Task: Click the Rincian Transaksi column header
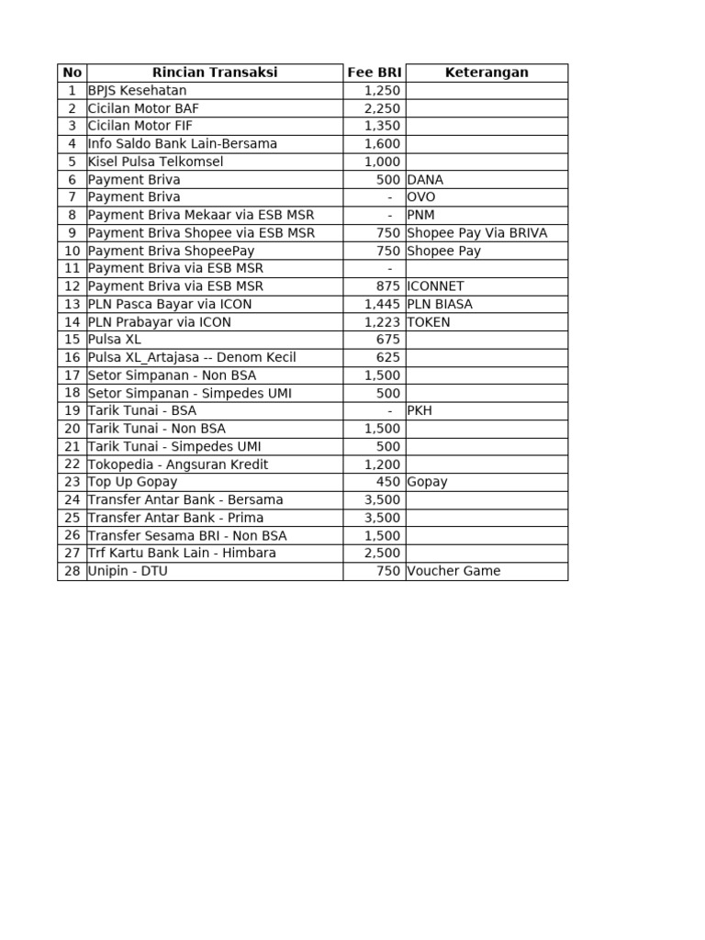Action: [214, 73]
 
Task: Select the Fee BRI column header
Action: [375, 73]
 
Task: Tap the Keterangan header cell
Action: [487, 73]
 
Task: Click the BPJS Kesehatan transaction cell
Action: [137, 91]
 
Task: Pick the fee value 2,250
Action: [382, 108]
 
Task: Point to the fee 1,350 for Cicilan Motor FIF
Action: [382, 126]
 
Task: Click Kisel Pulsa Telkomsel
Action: [155, 162]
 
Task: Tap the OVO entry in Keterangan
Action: [421, 197]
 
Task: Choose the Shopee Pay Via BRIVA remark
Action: [476, 233]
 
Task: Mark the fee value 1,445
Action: [382, 304]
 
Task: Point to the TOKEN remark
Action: [429, 322]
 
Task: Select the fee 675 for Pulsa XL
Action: [388, 340]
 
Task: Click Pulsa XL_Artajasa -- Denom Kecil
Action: [192, 357]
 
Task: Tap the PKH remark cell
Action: [420, 410]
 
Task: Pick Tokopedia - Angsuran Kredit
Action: [178, 464]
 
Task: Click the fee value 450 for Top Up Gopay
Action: [388, 482]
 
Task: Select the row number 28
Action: [73, 571]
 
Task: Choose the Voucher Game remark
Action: [453, 571]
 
